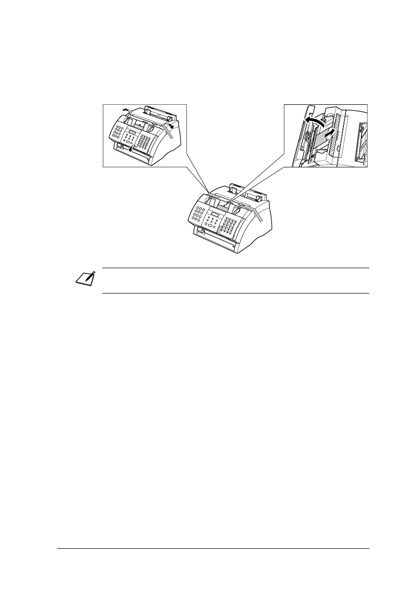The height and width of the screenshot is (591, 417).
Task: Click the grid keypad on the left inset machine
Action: (x=144, y=142)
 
